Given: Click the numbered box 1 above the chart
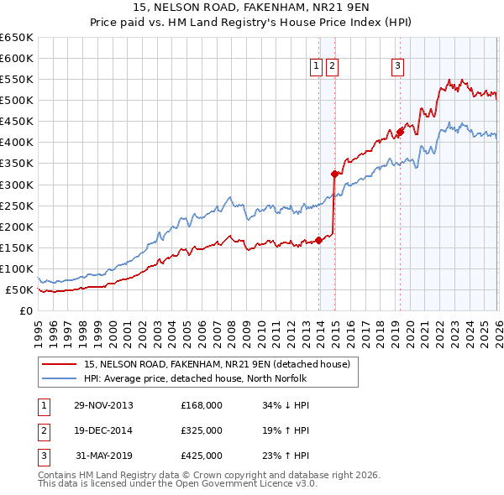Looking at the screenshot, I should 317,67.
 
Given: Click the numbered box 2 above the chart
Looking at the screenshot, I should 332,67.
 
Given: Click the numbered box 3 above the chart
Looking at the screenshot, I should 397,67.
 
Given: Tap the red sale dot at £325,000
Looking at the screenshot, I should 334,175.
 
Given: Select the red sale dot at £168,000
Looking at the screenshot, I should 319,240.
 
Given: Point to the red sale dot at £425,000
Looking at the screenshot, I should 401,132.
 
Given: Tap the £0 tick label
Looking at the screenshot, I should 27,311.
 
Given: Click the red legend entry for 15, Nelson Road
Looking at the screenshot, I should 222,364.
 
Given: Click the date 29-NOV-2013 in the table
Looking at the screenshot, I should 103,405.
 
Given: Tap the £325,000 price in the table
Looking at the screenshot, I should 201,430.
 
